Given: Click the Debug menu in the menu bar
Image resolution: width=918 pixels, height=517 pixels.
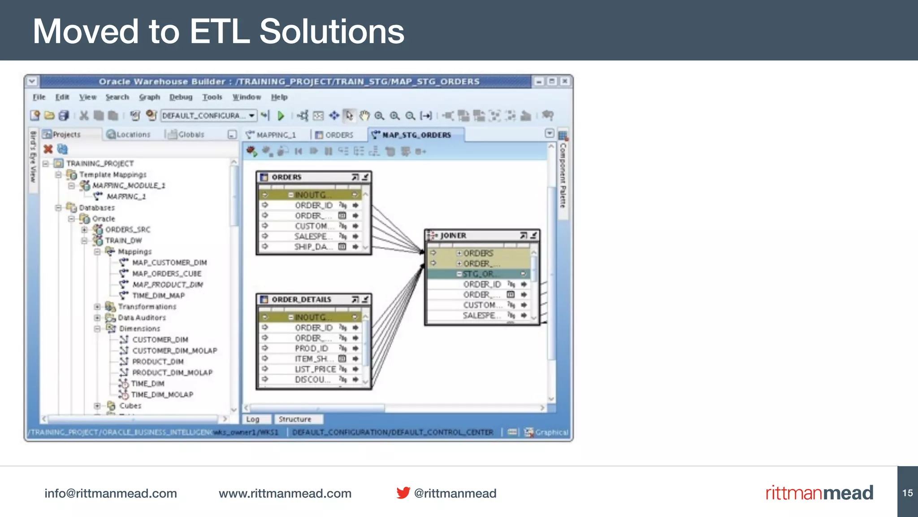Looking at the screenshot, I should click(x=181, y=97).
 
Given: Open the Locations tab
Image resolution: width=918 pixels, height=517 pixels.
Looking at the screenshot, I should click(x=129, y=134).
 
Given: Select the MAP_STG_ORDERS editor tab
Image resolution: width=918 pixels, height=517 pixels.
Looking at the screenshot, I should click(x=416, y=135).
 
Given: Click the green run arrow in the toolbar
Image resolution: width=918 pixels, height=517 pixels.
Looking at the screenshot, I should click(x=281, y=116).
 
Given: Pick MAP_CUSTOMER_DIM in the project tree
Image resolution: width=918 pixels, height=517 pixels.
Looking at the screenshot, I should click(x=169, y=263).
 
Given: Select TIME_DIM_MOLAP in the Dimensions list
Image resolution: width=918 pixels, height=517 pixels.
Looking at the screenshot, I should click(x=162, y=394).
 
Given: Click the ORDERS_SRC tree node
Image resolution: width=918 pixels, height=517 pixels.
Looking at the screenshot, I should click(x=127, y=229).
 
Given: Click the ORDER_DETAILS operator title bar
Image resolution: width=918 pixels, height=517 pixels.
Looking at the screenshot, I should click(x=301, y=299).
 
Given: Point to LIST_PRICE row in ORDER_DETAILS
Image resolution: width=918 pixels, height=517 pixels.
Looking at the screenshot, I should click(x=315, y=369).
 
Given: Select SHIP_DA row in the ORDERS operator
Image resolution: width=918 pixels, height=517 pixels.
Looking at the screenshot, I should click(x=313, y=247).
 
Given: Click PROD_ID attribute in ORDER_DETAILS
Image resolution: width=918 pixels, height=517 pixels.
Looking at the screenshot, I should click(x=312, y=348).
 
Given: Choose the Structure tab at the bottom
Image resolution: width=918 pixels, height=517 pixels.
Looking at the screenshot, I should click(x=294, y=419).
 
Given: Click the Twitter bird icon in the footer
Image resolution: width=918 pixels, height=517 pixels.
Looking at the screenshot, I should click(x=403, y=493).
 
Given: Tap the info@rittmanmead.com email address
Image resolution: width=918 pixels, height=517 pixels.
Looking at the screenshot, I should click(x=111, y=493).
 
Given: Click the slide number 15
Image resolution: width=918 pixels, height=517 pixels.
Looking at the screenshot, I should click(x=907, y=493).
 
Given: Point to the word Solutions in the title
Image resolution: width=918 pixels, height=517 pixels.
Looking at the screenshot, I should click(x=332, y=31).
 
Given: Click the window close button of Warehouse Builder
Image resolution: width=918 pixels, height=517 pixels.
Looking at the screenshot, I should click(x=565, y=81).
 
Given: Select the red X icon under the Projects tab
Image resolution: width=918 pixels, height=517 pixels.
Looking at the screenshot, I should click(x=48, y=149).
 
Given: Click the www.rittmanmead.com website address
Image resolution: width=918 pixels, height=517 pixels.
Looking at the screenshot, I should click(x=285, y=493).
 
